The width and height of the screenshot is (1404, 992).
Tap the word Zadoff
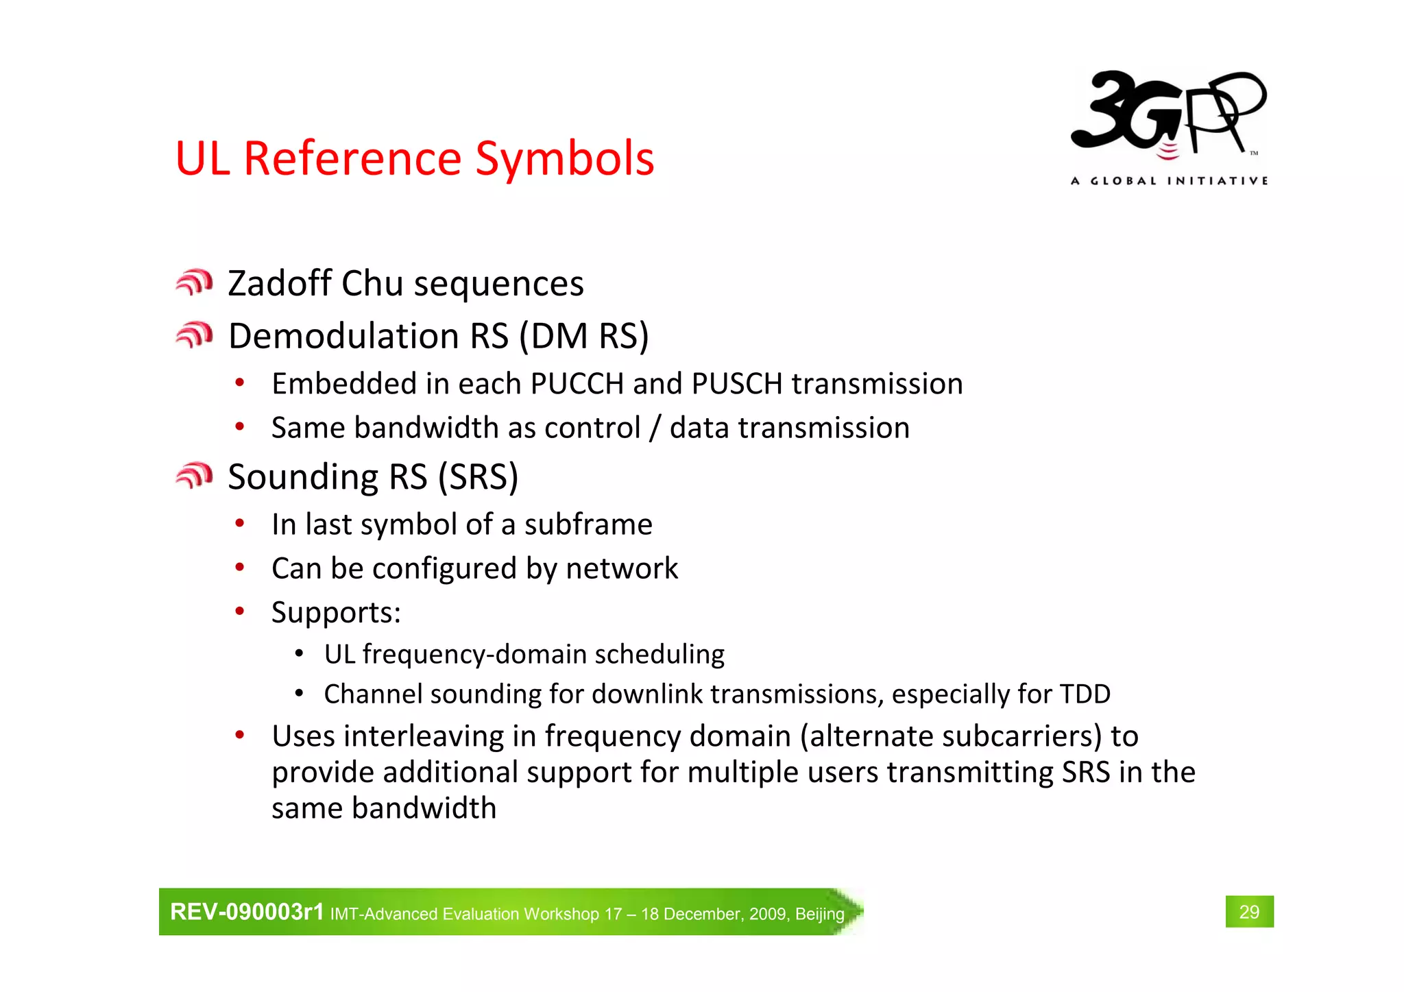click(280, 283)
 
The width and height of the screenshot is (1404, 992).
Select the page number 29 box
click(1249, 912)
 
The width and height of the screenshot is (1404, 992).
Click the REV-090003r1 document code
click(247, 912)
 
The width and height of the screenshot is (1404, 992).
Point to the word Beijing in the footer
click(819, 914)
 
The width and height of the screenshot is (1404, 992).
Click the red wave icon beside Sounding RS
click(194, 475)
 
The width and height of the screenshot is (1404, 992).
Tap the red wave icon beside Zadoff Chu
click(194, 282)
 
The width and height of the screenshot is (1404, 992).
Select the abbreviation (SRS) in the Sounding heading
click(478, 476)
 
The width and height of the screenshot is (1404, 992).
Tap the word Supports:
click(336, 612)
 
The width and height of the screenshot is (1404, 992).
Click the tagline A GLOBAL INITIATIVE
click(1169, 181)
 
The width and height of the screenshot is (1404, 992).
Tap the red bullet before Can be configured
click(239, 568)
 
